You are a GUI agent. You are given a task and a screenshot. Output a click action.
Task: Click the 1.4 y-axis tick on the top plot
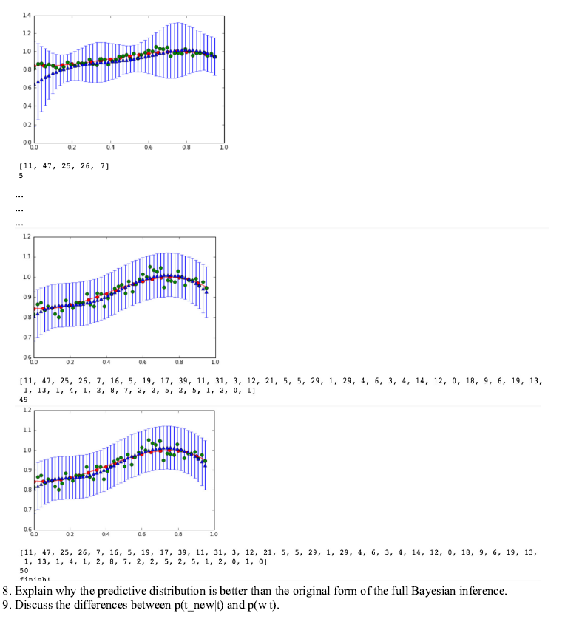pos(27,16)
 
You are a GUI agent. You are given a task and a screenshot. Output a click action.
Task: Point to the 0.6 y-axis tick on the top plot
pos(27,88)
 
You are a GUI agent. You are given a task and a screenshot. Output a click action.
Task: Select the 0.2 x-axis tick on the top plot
pos(72,148)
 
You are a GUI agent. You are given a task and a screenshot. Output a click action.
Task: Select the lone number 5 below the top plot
pos(21,176)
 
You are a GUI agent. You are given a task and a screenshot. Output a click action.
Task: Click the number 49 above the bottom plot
pos(24,398)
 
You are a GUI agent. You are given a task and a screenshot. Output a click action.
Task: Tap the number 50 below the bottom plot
pos(24,570)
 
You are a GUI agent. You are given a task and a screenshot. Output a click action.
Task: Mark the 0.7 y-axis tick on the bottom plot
pos(27,510)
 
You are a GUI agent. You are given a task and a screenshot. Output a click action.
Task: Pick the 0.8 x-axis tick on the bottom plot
pos(178,534)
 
